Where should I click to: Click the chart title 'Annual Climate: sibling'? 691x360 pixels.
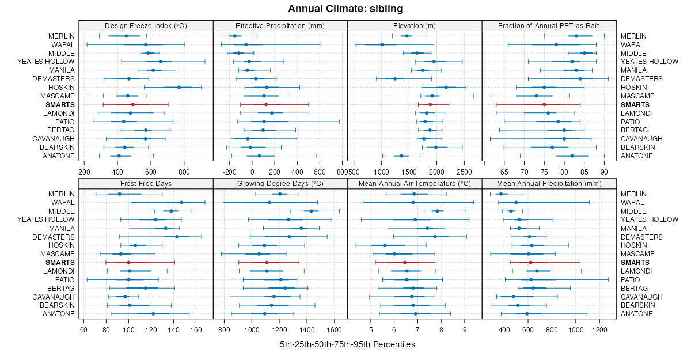pos(345,9)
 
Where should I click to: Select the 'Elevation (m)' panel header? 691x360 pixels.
pos(415,25)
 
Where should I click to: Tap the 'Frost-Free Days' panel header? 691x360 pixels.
pos(146,183)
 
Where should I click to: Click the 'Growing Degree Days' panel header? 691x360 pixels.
pos(280,183)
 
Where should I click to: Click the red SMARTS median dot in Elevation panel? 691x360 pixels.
pos(430,104)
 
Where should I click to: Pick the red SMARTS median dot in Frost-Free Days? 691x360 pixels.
pos(128,262)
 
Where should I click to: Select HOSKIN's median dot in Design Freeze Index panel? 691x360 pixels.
pos(179,87)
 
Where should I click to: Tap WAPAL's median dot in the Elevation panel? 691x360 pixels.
pos(382,44)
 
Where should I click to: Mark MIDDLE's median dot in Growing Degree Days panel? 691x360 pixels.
pos(312,211)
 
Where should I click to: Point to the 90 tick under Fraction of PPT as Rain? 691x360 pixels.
pos(604,172)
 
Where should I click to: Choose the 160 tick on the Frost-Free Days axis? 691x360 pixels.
pos(196,329)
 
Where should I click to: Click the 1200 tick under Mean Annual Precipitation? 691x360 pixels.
pos(600,329)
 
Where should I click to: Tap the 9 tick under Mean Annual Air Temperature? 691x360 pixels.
pos(465,329)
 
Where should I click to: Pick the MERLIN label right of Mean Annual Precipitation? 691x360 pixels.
pos(633,194)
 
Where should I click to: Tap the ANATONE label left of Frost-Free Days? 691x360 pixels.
pos(58,314)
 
